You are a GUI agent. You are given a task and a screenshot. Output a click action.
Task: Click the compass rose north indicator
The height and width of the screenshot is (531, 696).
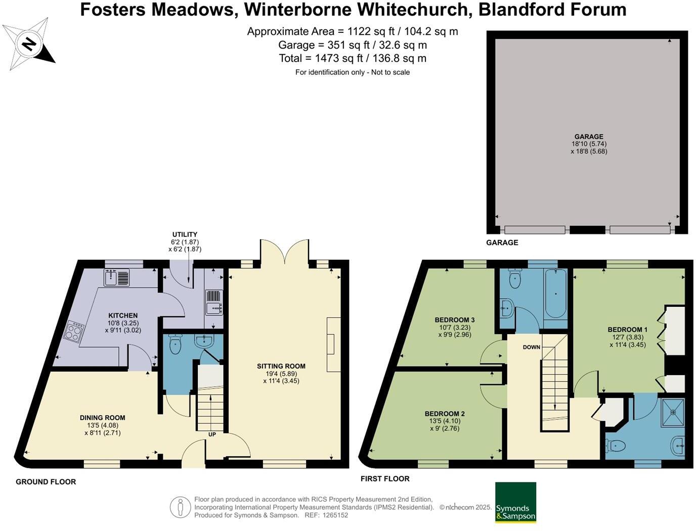click(x=29, y=44)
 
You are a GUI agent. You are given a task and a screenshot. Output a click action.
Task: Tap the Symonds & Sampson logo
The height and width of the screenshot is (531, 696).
click(x=515, y=502)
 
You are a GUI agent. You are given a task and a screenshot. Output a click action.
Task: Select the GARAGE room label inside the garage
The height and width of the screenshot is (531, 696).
click(x=588, y=137)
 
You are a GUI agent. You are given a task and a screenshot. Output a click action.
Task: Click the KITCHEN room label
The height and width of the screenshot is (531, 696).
click(x=122, y=315)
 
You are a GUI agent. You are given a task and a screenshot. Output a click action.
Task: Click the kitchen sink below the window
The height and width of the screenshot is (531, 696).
click(x=117, y=277)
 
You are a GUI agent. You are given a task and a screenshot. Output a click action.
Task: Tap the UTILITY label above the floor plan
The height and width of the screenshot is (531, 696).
click(x=185, y=234)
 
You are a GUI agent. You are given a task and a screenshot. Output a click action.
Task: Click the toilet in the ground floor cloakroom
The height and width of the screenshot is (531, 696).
click(x=175, y=346)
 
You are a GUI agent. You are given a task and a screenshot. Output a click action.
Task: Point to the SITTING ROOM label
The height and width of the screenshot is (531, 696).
click(x=281, y=366)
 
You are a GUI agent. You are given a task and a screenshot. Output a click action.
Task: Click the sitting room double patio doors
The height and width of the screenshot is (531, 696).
click(x=284, y=252)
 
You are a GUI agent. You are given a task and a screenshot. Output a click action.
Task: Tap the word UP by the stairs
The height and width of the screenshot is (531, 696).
click(x=212, y=434)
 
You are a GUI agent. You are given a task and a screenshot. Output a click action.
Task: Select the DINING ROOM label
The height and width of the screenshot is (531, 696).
click(x=102, y=418)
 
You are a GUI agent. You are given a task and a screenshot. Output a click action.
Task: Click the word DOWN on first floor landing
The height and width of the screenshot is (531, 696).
click(x=532, y=347)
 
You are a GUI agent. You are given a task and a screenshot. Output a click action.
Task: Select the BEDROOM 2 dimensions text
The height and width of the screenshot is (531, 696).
click(x=445, y=425)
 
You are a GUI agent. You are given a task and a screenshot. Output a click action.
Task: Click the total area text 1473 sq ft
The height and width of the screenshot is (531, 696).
click(x=353, y=58)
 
